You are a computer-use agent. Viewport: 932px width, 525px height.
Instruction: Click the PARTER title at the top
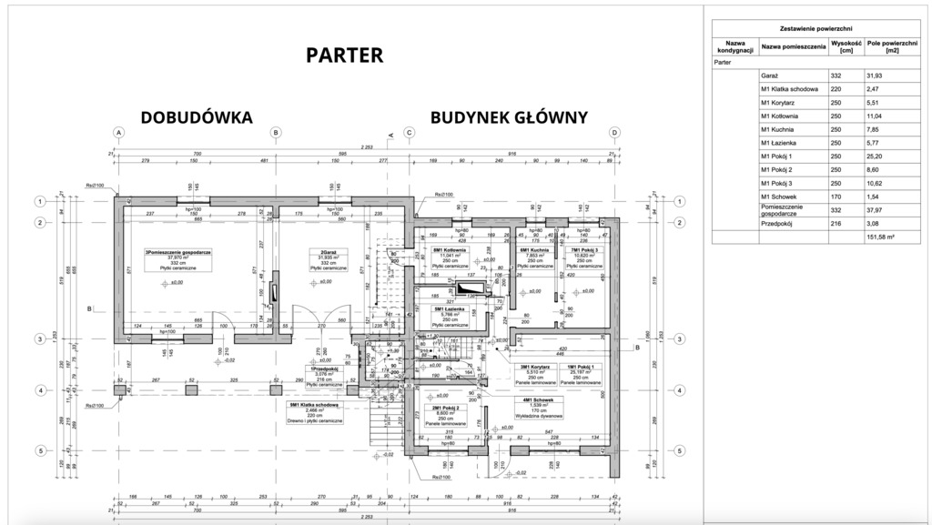tap(344, 56)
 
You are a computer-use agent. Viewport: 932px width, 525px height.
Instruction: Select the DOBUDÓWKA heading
tap(196, 117)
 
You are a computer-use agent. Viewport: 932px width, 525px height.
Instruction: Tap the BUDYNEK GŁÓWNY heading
tap(509, 117)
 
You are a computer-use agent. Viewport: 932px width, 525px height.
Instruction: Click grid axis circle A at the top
tap(118, 132)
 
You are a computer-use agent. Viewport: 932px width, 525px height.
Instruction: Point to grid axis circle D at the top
tap(615, 132)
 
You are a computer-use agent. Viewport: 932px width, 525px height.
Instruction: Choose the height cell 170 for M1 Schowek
tap(835, 197)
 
